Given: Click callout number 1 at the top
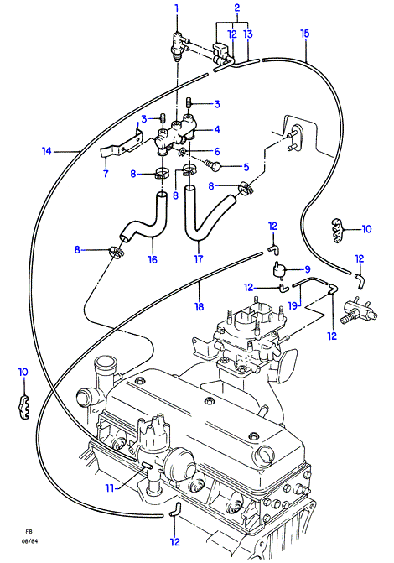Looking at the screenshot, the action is [x=177, y=8].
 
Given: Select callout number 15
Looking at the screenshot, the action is [x=304, y=34].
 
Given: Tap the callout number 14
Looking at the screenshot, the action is [x=47, y=152].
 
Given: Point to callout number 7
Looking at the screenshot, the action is [x=106, y=174].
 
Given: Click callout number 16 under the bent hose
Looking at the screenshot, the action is [x=153, y=259].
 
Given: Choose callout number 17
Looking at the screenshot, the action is [x=199, y=258].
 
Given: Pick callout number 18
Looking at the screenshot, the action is [x=200, y=306].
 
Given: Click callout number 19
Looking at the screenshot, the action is [x=293, y=305].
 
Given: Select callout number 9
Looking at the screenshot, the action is [x=307, y=269].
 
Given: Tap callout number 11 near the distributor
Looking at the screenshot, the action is [x=110, y=488].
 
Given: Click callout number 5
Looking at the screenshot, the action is [x=246, y=167].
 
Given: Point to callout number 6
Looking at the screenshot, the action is [x=217, y=152].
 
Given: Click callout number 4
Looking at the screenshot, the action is [x=217, y=129].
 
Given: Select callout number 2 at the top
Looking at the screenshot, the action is [x=237, y=8].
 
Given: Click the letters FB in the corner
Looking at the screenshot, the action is [x=29, y=531].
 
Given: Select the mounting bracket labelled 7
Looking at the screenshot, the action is [x=122, y=145].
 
